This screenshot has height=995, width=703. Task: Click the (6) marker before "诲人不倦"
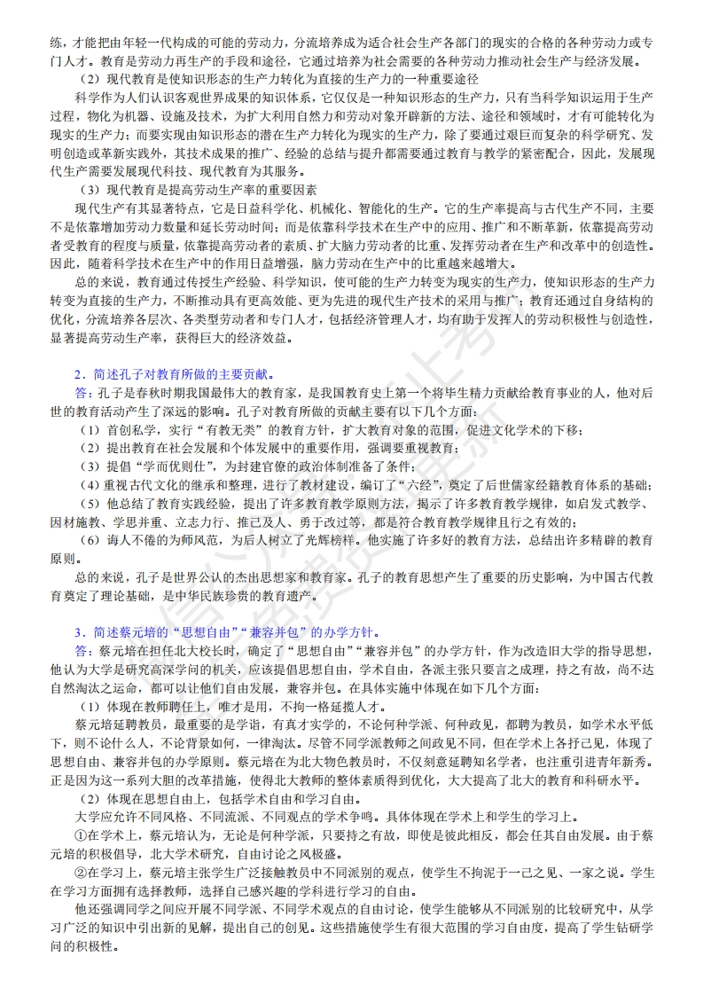[90, 540]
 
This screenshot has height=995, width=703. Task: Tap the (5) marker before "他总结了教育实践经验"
[90, 503]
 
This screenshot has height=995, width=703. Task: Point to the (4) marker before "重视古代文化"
[90, 484]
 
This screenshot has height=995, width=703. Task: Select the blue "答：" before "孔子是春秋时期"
[84, 393]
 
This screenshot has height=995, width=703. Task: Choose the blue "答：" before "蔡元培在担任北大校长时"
[84, 650]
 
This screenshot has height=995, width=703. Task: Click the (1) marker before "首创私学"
[90, 430]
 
